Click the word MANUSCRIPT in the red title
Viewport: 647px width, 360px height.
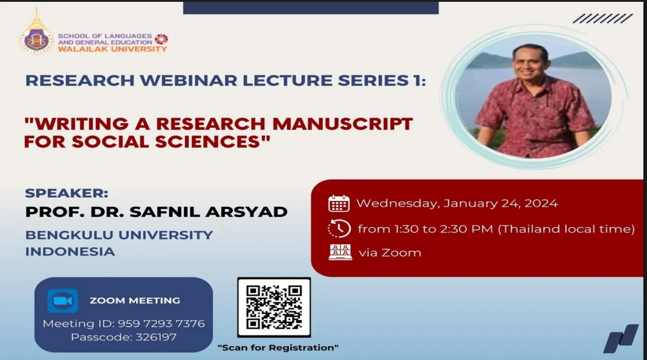343,124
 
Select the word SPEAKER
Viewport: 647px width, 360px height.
66,193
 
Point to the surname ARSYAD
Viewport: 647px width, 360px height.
247,212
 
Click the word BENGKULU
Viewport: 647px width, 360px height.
70,235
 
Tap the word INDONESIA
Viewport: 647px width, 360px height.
70,252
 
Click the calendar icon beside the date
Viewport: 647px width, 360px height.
339,203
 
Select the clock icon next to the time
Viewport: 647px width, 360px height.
339,229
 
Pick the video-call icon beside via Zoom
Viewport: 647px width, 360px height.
340,252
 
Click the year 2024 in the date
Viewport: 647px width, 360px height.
541,203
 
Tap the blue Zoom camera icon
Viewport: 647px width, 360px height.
63,301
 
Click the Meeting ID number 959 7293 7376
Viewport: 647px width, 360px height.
161,323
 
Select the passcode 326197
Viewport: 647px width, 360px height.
156,337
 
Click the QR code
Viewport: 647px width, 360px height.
274,308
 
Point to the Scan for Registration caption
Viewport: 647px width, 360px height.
278,347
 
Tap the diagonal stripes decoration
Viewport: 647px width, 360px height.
602,19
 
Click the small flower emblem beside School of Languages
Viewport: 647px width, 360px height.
161,39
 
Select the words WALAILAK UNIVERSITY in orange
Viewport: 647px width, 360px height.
112,49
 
